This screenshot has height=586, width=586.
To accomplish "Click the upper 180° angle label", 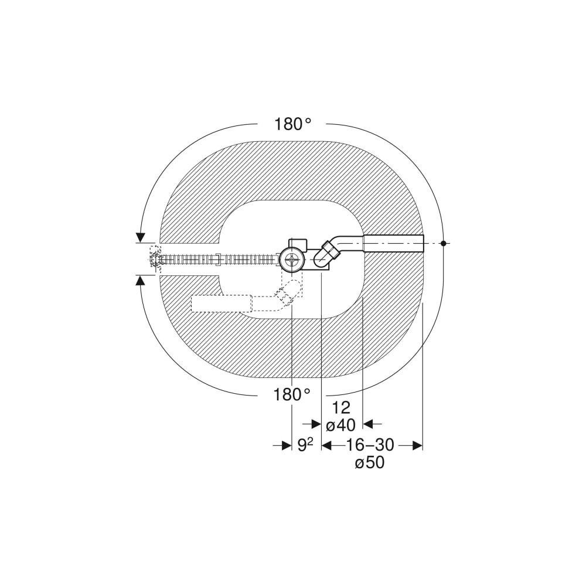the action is (294, 124).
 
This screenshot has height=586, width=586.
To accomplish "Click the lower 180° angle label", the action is (292, 394).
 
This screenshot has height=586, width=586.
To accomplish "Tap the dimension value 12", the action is (340, 408).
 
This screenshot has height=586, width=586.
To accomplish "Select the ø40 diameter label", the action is (340, 425).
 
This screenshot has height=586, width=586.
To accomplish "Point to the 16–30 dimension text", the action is (369, 445).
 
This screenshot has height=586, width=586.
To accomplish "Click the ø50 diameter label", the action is (370, 463).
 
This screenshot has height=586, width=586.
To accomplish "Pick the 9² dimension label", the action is (305, 445).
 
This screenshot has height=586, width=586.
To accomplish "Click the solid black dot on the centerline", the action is (443, 243).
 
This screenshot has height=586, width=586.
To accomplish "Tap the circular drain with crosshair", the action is (291, 259).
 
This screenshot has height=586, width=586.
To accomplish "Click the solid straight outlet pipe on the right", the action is (394, 244).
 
